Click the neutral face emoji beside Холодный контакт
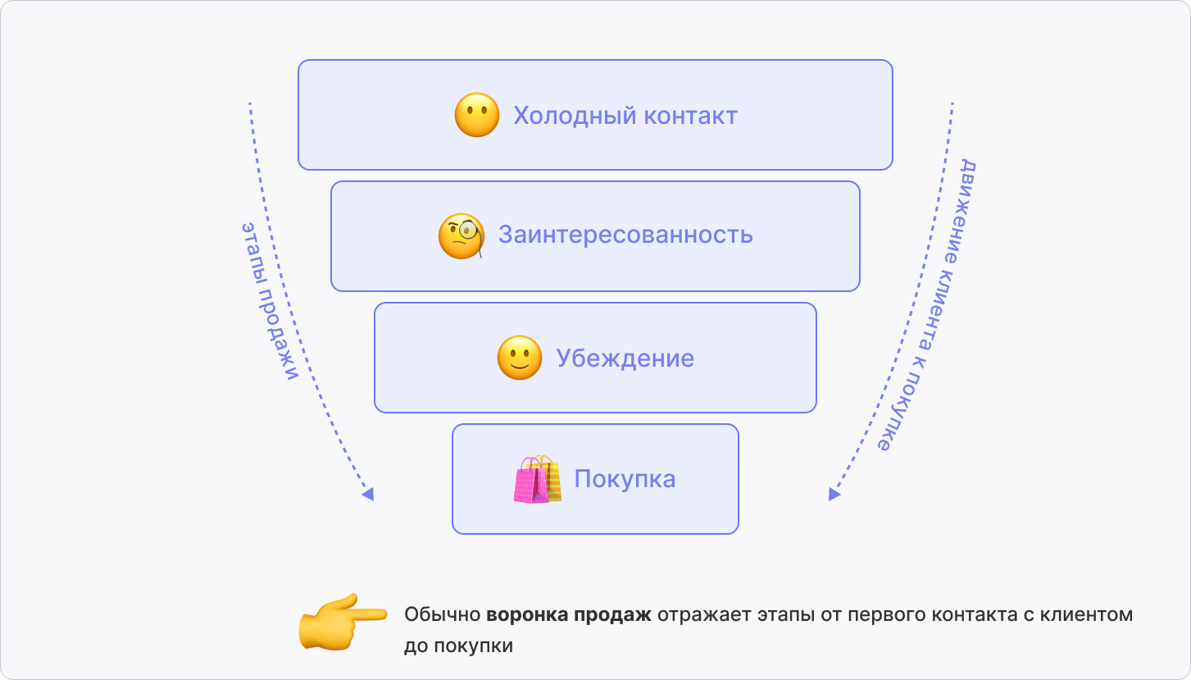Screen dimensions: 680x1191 pyautogui.click(x=477, y=115)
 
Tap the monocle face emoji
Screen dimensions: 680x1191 pyautogui.click(x=461, y=236)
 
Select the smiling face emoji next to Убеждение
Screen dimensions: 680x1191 pyautogui.click(x=520, y=358)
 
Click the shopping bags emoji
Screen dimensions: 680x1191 pyautogui.click(x=538, y=479)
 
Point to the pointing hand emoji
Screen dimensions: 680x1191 pyautogui.click(x=341, y=621)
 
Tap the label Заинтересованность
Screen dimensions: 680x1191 pyautogui.click(x=625, y=235)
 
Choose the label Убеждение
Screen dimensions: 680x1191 pyautogui.click(x=625, y=358)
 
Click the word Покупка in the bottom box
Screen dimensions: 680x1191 pyautogui.click(x=625, y=479)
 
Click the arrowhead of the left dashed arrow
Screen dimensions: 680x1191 pyautogui.click(x=368, y=494)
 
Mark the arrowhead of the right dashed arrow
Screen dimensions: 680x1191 pyautogui.click(x=834, y=494)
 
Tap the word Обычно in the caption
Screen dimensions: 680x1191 pyautogui.click(x=441, y=615)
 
